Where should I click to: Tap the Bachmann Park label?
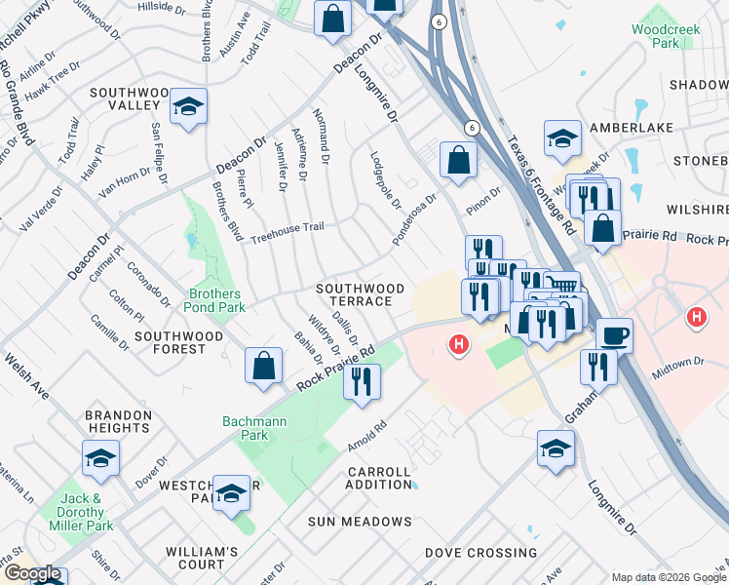(x=245, y=428)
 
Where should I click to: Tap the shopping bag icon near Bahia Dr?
(x=263, y=367)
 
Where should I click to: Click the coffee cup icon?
(x=614, y=336)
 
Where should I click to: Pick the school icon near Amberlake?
(x=562, y=139)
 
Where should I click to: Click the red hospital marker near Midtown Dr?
(x=696, y=317)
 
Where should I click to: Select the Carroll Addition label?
(x=380, y=478)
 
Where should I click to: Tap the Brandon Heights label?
(x=119, y=421)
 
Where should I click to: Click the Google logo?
(x=32, y=574)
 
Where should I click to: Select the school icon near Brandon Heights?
(x=100, y=459)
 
